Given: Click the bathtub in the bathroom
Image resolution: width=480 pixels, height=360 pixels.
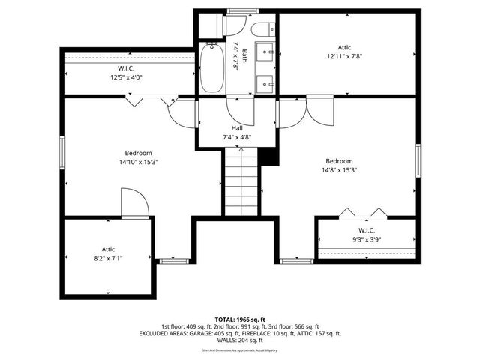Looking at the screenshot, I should pyautogui.click(x=211, y=67).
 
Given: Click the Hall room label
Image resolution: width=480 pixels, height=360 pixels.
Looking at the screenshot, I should pyautogui.click(x=237, y=128).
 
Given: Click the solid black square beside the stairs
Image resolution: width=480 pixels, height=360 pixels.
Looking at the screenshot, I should pyautogui.click(x=268, y=157).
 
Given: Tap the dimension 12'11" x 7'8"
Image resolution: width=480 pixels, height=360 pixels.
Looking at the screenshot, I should pyautogui.click(x=349, y=57).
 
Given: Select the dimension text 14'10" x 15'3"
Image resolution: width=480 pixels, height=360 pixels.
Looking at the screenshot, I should pyautogui.click(x=138, y=162).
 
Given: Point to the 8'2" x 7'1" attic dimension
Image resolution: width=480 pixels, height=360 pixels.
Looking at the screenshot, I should pyautogui.click(x=109, y=258).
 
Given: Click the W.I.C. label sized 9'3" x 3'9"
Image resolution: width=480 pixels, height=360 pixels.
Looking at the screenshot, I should pyautogui.click(x=367, y=239).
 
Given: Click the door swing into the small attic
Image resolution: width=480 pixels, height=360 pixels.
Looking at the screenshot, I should pyautogui.click(x=133, y=202).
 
